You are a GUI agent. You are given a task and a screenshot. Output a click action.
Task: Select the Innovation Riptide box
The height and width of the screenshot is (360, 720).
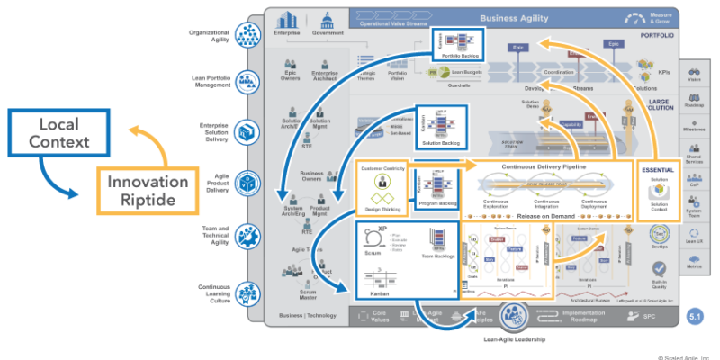pyautogui.click(x=148, y=191)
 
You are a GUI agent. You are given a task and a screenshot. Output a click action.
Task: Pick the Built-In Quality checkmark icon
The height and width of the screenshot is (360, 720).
pyautogui.click(x=659, y=269)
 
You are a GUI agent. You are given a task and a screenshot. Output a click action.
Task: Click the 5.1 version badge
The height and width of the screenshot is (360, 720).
pyautogui.click(x=695, y=317)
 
